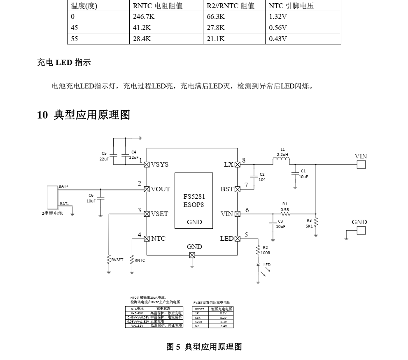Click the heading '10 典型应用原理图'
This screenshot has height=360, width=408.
coord(84,115)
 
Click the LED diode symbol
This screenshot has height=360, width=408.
coord(258,265)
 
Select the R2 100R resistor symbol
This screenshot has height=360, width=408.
coord(258,250)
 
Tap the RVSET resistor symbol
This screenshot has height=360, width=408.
coord(109,260)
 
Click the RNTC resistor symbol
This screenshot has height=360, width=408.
coord(132,260)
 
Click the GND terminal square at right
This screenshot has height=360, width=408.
coord(361,230)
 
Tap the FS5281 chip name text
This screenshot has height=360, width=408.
coord(194,197)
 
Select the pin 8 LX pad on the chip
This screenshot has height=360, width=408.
coord(237,165)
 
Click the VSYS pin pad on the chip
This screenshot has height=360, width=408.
coord(147,165)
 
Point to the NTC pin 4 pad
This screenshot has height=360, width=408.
coord(147,239)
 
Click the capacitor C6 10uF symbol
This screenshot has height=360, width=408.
coord(100,198)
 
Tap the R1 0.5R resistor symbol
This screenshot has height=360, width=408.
coord(285,214)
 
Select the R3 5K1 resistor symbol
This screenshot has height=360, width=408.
coord(316,223)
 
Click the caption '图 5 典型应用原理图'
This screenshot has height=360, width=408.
coord(204,347)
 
